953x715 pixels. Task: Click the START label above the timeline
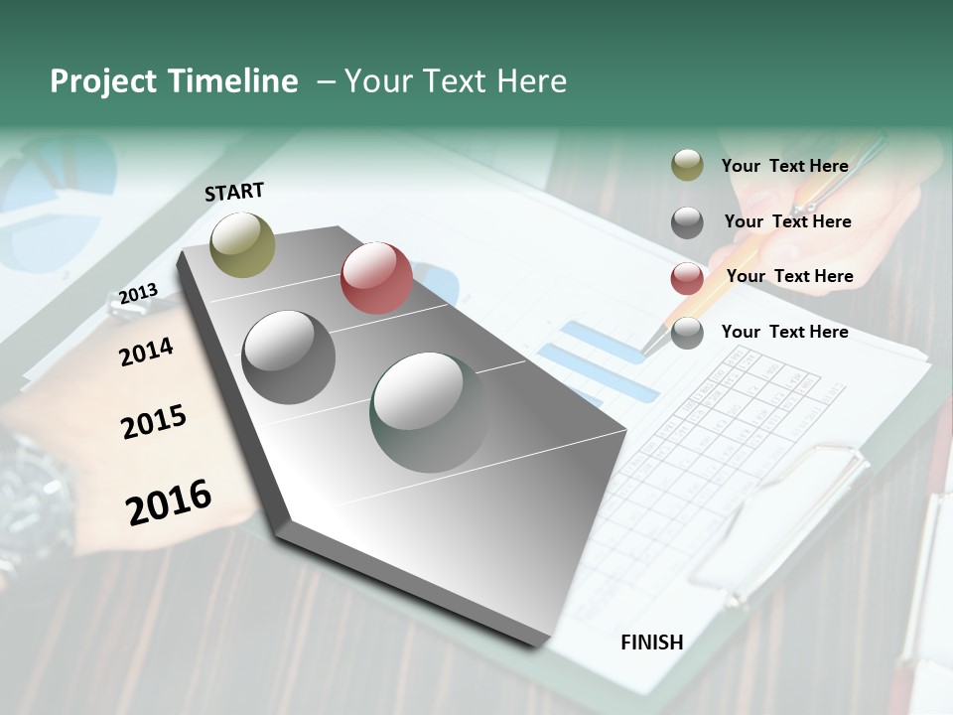(x=234, y=192)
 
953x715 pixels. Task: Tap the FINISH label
(x=652, y=643)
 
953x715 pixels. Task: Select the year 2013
(x=138, y=294)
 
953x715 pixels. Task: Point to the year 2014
(x=146, y=352)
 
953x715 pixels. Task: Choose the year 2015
(x=154, y=423)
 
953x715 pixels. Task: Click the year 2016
(x=169, y=501)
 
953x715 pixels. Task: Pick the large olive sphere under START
(x=242, y=244)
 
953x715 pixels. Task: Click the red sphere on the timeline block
(x=376, y=278)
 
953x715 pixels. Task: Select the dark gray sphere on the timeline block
(x=288, y=357)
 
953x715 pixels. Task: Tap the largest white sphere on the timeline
(x=429, y=411)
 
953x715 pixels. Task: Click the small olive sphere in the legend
(x=687, y=166)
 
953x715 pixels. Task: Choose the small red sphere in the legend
(x=687, y=278)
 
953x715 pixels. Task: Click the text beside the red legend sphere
(x=789, y=276)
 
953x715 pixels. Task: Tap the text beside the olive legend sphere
(x=784, y=166)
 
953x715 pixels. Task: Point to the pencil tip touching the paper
(x=645, y=350)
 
